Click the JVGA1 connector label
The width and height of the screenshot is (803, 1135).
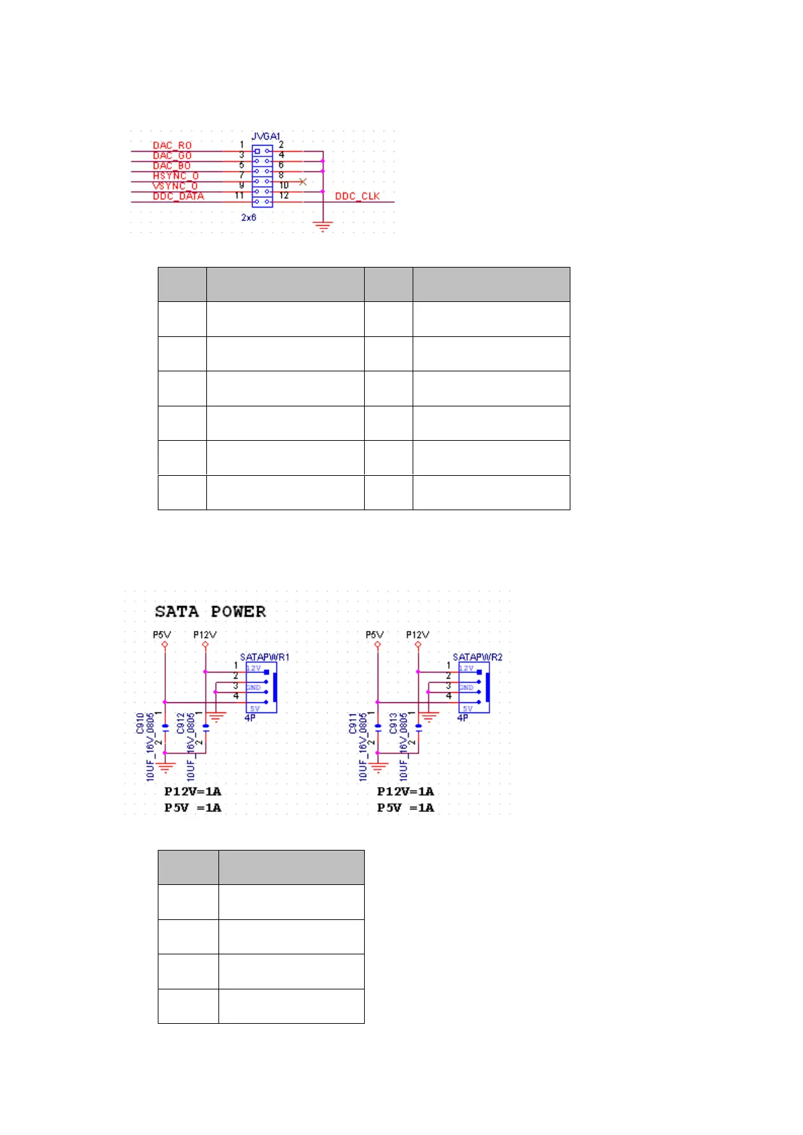[x=266, y=137]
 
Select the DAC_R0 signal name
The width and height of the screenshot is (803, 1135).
[x=172, y=146]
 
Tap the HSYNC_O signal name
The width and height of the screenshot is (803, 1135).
[x=175, y=176]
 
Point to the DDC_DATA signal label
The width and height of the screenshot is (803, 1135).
[x=178, y=196]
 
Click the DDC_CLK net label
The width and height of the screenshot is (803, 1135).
[x=357, y=196]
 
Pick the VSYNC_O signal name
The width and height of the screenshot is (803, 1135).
[x=175, y=186]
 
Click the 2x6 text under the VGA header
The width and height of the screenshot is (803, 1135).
[x=249, y=218]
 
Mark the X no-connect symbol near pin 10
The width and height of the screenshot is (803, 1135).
[x=303, y=182]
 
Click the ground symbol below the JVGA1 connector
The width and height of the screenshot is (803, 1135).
[x=324, y=226]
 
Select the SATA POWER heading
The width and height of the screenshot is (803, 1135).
[x=210, y=611]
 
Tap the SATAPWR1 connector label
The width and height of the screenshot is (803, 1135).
[x=264, y=657]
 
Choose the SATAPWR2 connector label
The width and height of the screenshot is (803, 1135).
[x=477, y=657]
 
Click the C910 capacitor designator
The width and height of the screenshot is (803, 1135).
[x=140, y=723]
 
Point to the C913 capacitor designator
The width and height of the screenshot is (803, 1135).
[x=393, y=723]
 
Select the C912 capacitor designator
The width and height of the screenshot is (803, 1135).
[x=181, y=723]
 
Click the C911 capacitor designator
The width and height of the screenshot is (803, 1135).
[x=353, y=723]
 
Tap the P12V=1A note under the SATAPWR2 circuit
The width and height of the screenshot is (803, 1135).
[x=405, y=791]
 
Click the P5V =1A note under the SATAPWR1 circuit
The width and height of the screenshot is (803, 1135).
[x=193, y=807]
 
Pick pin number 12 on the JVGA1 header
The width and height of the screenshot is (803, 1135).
[x=284, y=195]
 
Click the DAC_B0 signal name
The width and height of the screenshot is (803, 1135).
[x=172, y=166]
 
